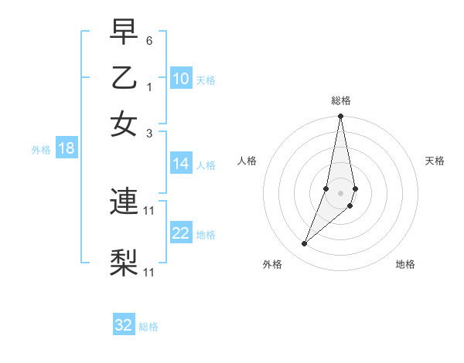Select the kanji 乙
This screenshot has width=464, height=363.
[124, 78]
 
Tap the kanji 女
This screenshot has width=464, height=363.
[124, 124]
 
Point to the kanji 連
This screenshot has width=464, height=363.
[124, 202]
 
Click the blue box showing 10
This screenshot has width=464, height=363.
[181, 79]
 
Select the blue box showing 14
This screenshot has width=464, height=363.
[181, 164]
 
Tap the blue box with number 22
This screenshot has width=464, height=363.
[181, 233]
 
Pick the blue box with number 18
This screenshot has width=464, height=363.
[67, 148]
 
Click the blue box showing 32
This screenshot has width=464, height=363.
[124, 325]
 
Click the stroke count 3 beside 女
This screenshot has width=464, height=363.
[149, 133]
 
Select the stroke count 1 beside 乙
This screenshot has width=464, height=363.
[149, 87]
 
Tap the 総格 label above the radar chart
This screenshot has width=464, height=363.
[341, 100]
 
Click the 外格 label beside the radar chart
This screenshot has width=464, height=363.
[272, 264]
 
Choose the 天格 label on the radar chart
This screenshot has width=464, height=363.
[435, 161]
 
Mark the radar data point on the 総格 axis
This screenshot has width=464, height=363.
[341, 117]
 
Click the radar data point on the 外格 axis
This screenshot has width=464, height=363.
[305, 244]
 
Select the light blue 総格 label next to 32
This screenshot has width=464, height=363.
[148, 327]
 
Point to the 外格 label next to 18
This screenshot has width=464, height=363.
[41, 150]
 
